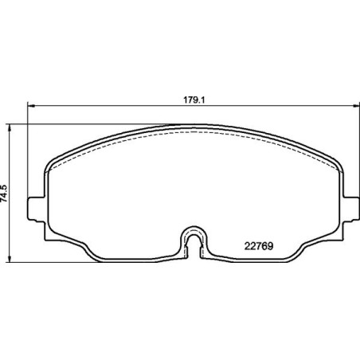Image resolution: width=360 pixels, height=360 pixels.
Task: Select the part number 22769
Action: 256,246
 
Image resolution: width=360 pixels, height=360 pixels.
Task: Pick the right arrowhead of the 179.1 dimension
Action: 350,107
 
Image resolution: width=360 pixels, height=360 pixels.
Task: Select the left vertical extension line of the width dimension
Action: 29,151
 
